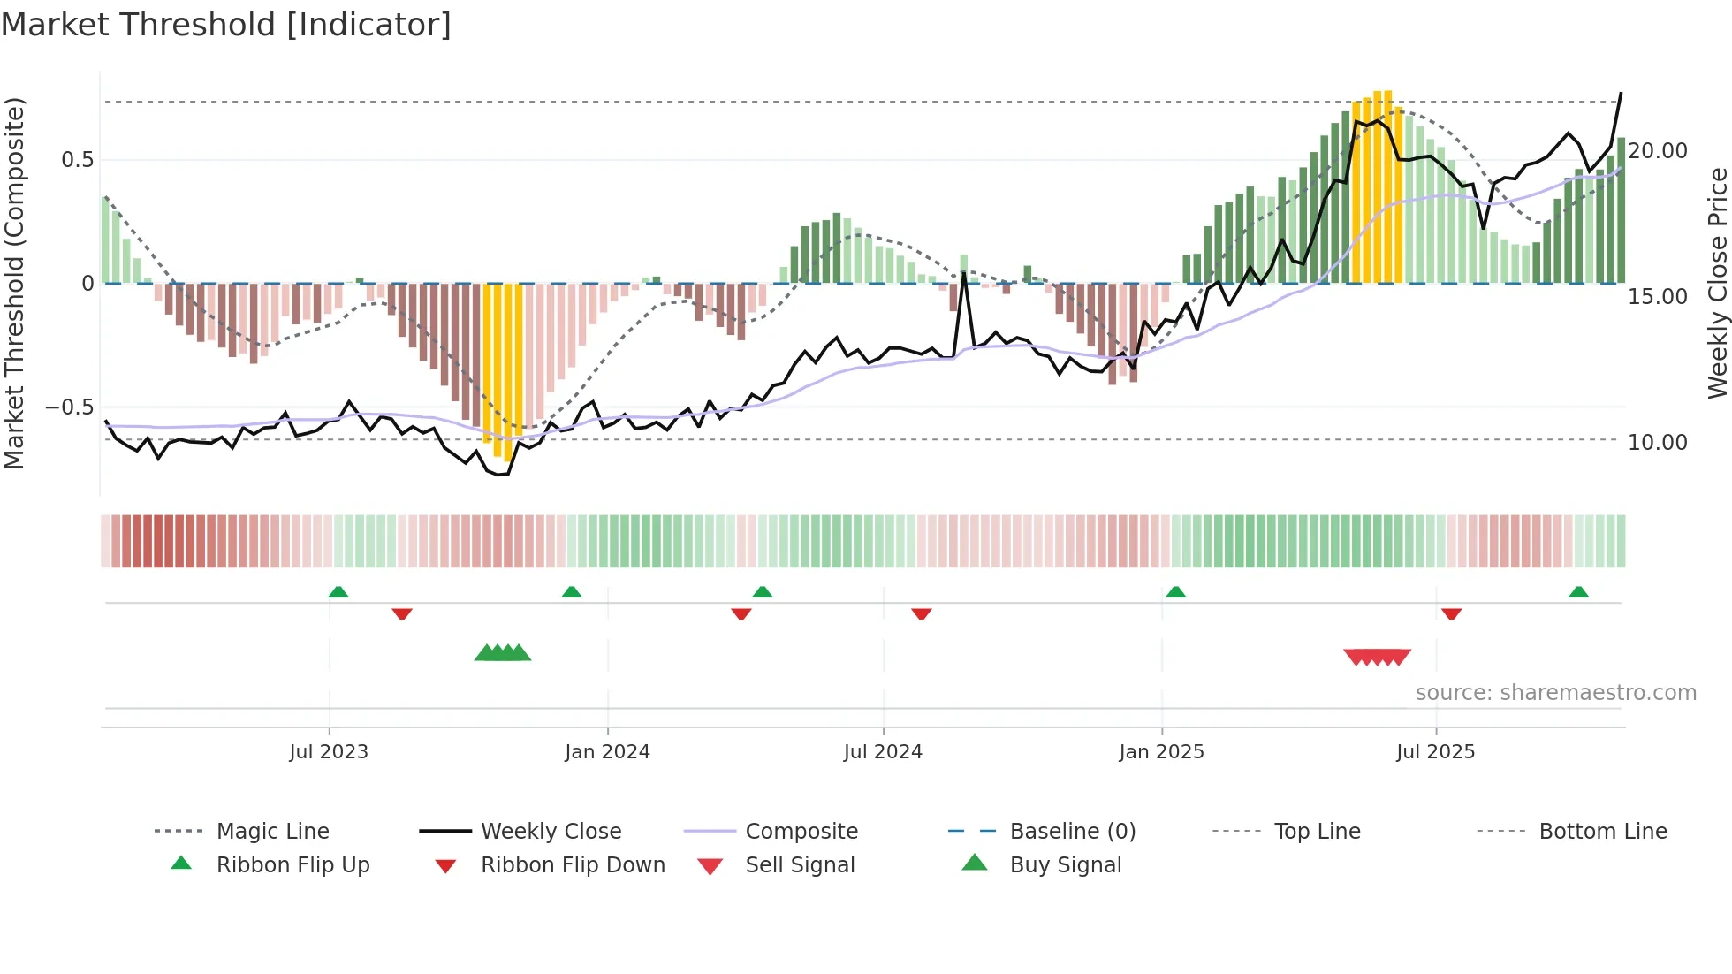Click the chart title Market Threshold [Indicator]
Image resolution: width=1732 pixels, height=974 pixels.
click(226, 25)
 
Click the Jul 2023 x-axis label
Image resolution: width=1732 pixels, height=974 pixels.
click(329, 752)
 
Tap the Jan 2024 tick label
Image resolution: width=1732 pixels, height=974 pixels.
click(607, 752)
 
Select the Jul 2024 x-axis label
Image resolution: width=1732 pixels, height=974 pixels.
click(883, 752)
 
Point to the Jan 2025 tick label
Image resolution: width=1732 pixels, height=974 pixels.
click(1161, 752)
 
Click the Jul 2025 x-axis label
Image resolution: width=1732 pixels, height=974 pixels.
click(1436, 752)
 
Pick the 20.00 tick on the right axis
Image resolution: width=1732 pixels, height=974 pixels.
click(1658, 151)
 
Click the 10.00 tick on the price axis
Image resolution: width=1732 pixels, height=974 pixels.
click(1658, 443)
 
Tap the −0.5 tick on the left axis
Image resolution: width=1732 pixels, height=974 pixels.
click(70, 407)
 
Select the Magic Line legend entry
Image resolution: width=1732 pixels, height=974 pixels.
click(272, 832)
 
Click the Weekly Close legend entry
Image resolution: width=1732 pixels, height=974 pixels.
click(551, 832)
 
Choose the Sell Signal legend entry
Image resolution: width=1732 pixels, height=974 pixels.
click(800, 865)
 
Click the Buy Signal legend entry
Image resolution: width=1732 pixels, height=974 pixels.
click(1065, 865)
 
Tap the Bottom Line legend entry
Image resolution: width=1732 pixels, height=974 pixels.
click(1602, 832)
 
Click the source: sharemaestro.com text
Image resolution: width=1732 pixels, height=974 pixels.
click(1555, 693)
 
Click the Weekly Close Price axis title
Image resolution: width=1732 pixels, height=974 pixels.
click(1717, 283)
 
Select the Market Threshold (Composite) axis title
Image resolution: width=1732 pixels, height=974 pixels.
click(14, 283)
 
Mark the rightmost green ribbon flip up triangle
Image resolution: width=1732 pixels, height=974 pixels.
click(1579, 592)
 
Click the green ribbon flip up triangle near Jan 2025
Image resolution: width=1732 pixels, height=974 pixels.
click(1175, 592)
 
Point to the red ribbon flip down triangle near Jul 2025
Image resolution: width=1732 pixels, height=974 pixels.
click(1451, 613)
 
